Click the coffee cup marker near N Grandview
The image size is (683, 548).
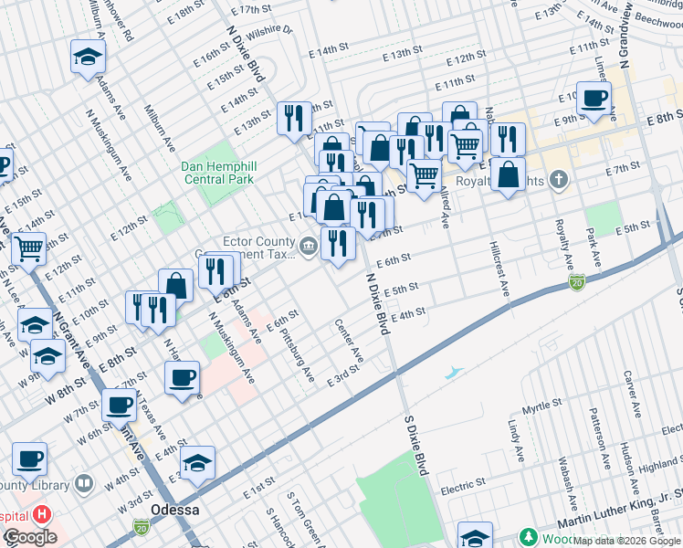point(594,99)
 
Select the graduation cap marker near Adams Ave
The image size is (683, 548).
point(89,58)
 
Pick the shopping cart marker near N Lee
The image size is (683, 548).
point(28,246)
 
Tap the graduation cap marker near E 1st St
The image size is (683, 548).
point(197,463)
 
